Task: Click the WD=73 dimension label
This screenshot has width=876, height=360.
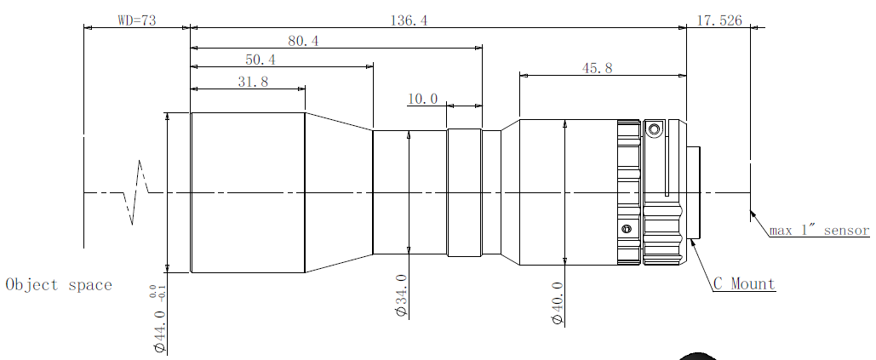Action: [x=137, y=20]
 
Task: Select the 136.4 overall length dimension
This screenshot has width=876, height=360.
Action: [x=409, y=20]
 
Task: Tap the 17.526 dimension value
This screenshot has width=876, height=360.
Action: [x=719, y=20]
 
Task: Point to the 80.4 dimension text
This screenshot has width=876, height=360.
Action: [x=303, y=41]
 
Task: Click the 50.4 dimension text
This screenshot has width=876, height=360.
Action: [x=261, y=60]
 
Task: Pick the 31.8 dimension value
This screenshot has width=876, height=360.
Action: [x=253, y=82]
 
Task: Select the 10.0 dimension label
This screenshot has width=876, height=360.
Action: [x=423, y=100]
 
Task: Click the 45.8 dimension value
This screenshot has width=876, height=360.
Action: [x=598, y=68]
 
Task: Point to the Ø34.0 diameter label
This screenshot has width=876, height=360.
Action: [x=402, y=296]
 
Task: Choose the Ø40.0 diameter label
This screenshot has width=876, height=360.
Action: [x=557, y=304]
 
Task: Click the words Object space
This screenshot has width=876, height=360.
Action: [x=59, y=284]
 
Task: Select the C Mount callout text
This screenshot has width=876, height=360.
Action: [x=745, y=284]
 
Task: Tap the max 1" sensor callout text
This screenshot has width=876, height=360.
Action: [x=820, y=230]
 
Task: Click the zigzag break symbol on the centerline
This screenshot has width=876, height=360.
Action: [x=135, y=192]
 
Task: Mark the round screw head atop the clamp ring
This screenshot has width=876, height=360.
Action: [x=653, y=130]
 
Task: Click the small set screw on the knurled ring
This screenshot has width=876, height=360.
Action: [x=627, y=228]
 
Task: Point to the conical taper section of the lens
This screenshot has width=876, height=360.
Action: [x=339, y=192]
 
